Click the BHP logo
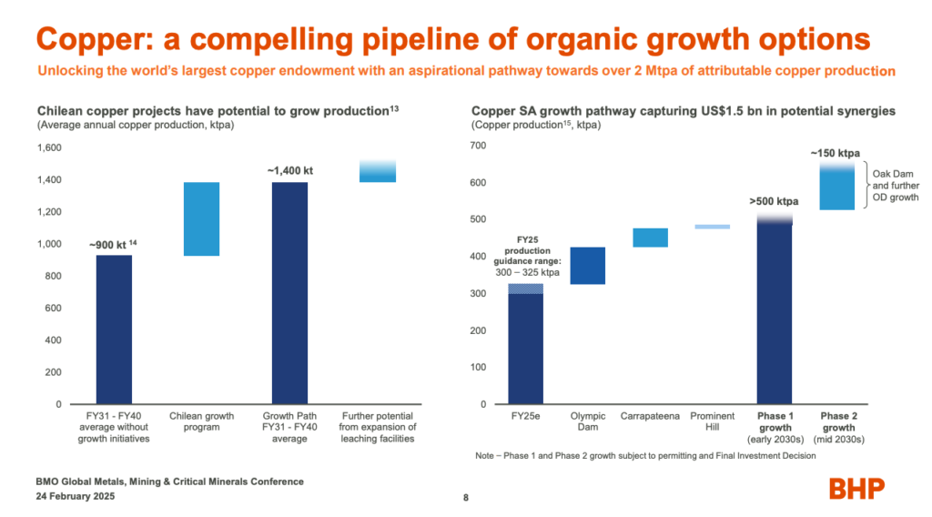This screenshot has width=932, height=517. pyautogui.click(x=856, y=489)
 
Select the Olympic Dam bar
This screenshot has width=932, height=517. pyautogui.click(x=587, y=266)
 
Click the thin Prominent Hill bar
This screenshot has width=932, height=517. pyautogui.click(x=712, y=227)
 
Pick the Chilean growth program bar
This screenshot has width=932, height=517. pyautogui.click(x=201, y=218)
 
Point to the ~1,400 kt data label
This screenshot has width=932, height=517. pyautogui.click(x=290, y=170)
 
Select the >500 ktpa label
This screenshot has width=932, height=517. pyautogui.click(x=775, y=201)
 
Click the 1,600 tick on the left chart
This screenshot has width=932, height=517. pyautogui.click(x=47, y=147)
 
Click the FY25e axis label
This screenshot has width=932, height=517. pyautogui.click(x=525, y=417)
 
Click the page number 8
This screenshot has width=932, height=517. pyautogui.click(x=466, y=498)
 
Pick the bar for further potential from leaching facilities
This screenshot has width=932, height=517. pyautogui.click(x=377, y=171)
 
